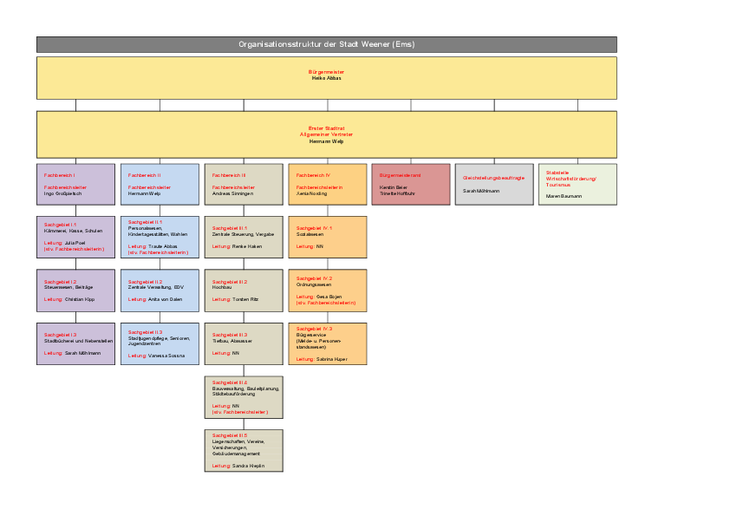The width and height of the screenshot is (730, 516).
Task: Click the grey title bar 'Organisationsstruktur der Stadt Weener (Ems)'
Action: [x=326, y=44]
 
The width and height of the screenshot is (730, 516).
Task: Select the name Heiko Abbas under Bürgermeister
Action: [x=326, y=78]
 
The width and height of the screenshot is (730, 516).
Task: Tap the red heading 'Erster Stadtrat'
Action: [x=326, y=128]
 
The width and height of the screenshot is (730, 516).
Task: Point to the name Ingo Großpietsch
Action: [x=62, y=193]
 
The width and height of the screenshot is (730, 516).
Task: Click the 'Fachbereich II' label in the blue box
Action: [x=145, y=175]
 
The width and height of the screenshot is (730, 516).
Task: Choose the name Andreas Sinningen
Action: [x=232, y=193]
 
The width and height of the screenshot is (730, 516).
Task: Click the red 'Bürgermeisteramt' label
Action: [x=400, y=175]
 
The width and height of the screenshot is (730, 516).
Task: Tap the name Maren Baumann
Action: [x=564, y=196]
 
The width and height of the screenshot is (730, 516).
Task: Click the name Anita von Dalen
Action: [x=166, y=299]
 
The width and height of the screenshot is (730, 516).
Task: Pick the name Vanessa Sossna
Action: [x=166, y=356]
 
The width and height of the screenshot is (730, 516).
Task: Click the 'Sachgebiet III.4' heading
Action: [x=230, y=382]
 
